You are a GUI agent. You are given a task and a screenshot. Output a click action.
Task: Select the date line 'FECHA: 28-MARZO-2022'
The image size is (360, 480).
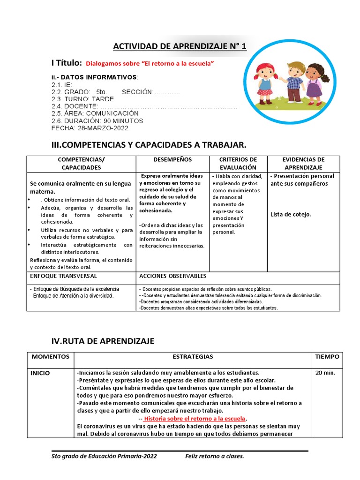90,128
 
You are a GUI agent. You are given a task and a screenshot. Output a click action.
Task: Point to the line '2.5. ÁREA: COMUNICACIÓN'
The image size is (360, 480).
95,113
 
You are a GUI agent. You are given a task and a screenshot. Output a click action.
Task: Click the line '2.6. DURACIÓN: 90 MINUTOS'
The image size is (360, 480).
97,121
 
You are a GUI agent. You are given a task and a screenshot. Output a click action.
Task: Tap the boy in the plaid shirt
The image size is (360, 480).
294,81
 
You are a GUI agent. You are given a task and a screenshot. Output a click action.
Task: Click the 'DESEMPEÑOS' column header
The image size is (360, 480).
172,160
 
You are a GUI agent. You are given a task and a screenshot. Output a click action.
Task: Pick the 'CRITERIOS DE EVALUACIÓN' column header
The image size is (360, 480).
238,164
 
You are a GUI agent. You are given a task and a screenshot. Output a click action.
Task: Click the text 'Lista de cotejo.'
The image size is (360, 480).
291,215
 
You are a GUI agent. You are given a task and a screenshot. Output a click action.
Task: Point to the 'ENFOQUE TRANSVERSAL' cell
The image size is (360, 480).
63,276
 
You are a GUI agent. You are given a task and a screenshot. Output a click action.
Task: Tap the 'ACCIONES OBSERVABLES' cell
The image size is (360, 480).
172,276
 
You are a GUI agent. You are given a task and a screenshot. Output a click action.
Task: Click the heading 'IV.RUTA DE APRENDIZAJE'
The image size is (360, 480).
102,341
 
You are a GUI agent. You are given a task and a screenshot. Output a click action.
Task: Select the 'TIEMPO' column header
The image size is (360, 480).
327,357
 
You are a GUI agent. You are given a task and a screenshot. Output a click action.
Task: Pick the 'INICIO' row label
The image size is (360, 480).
40,373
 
